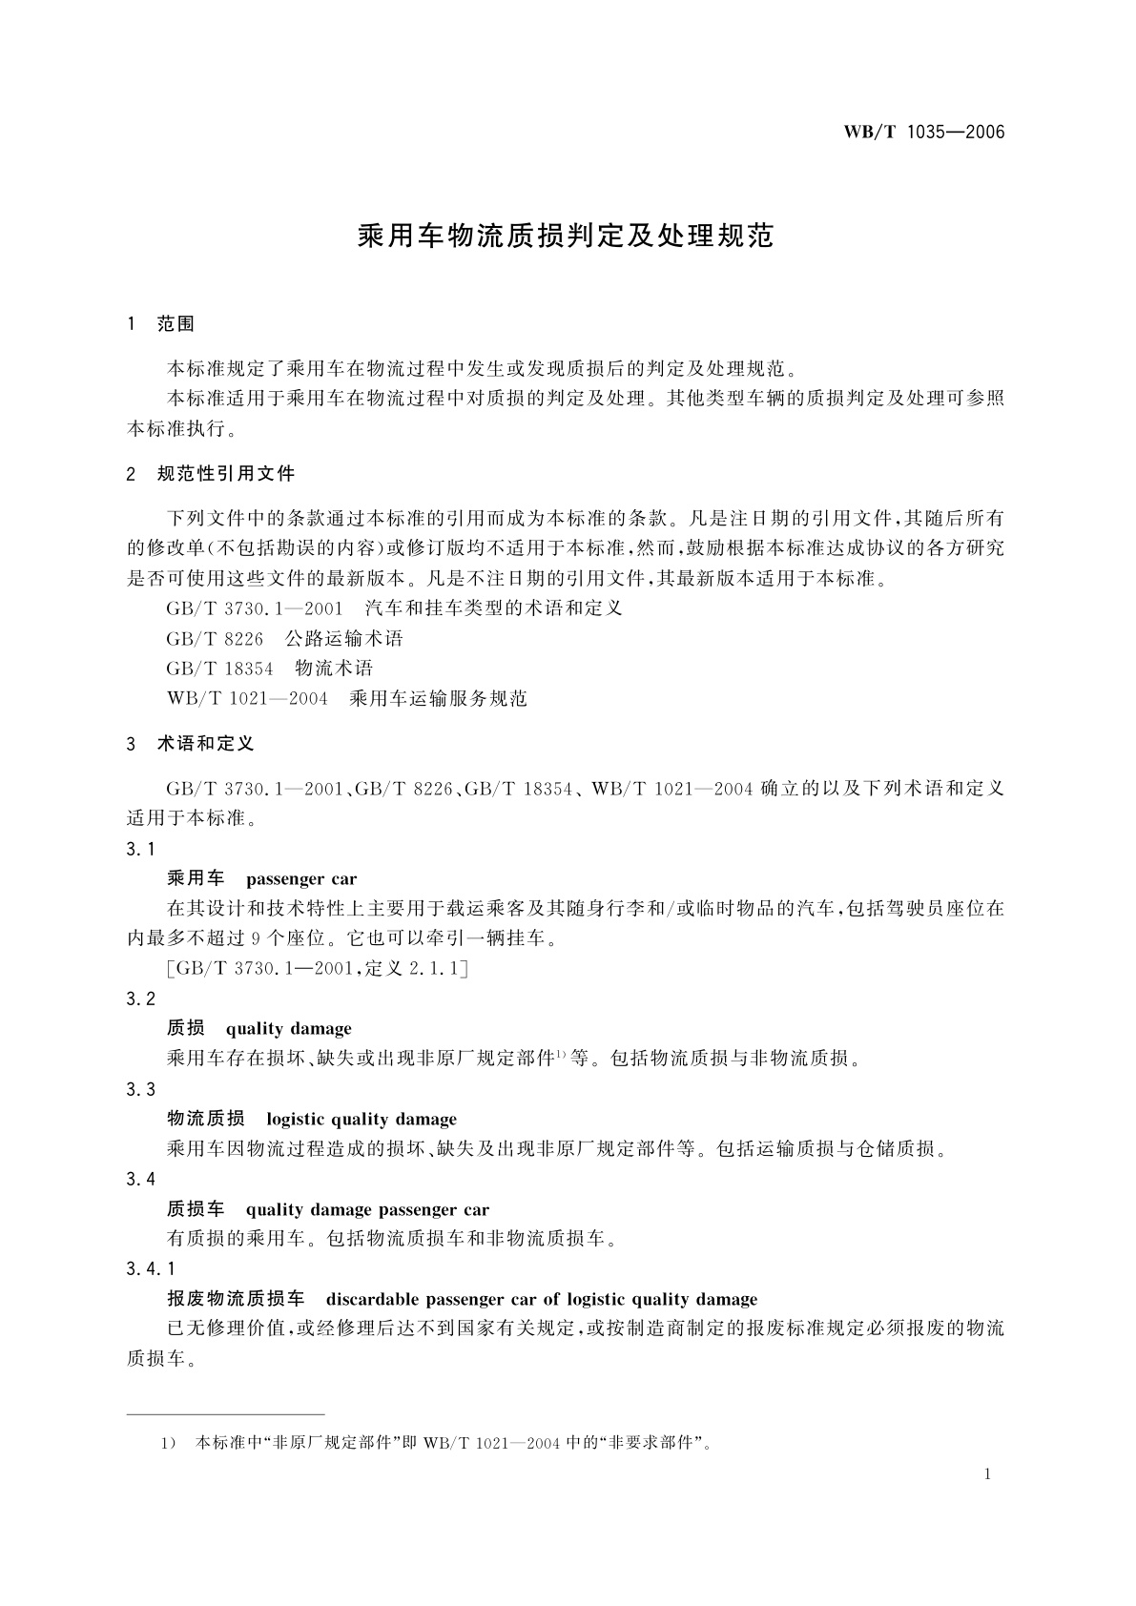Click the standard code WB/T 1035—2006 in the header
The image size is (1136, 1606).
[923, 133]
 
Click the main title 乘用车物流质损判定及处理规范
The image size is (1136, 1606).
[566, 237]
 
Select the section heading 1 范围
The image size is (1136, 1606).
[161, 324]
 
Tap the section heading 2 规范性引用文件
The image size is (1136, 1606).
[211, 474]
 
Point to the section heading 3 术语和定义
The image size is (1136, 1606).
[190, 744]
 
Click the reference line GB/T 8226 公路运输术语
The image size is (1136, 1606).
[284, 638]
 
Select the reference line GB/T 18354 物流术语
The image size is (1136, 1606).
[269, 669]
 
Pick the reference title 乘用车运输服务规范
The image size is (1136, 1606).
[438, 699]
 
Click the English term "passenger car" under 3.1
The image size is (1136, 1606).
[300, 879]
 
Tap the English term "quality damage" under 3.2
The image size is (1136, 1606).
[288, 1029]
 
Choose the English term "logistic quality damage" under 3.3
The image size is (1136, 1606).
[361, 1120]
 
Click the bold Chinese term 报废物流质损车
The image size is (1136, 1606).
[236, 1299]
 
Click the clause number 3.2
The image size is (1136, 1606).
[140, 999]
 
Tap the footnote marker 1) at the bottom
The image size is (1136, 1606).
[168, 1443]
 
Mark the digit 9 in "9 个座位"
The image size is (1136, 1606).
[268, 938]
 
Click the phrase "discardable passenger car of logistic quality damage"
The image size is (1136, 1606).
[541, 1299]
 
